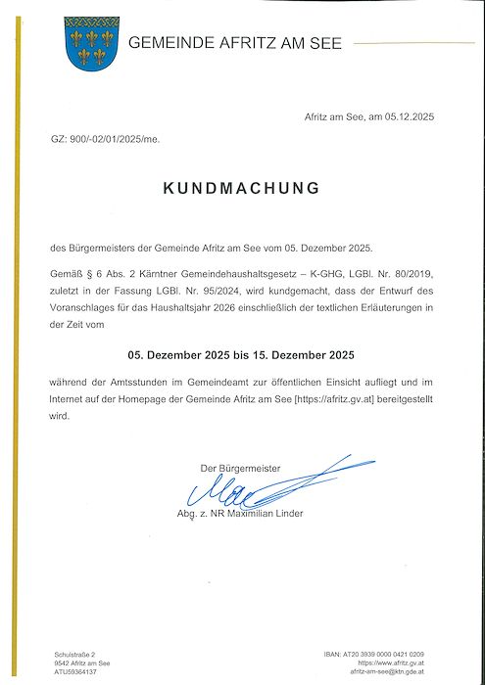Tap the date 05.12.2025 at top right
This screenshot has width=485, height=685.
click(406, 116)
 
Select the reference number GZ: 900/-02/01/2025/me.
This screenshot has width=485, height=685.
click(104, 140)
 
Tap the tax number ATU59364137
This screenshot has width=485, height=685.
click(75, 673)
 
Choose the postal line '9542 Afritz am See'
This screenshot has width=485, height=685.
click(82, 663)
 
